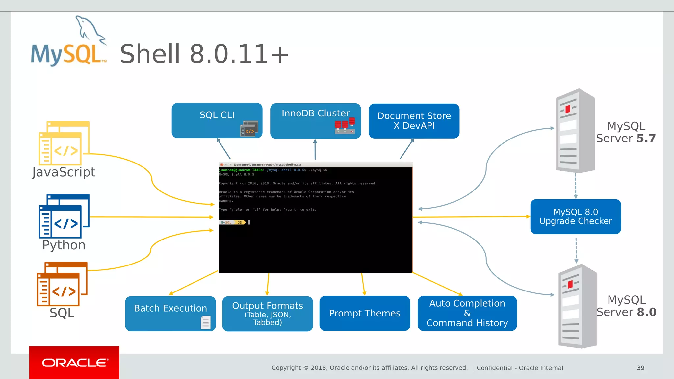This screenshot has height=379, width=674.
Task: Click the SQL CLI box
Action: [x=217, y=120]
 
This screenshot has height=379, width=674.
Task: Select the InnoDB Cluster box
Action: [x=315, y=121]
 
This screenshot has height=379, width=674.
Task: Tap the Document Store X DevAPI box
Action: [x=414, y=121]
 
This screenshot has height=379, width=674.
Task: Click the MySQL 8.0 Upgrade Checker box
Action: [x=575, y=216]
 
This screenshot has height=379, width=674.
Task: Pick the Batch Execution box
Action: [x=170, y=313]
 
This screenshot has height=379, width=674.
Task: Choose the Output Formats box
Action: [x=267, y=313]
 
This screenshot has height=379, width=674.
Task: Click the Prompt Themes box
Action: [x=364, y=313]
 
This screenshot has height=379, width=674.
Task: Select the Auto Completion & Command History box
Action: [x=467, y=313]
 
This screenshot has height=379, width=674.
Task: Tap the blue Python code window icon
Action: [x=64, y=216]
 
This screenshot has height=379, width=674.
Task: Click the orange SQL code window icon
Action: [x=62, y=284]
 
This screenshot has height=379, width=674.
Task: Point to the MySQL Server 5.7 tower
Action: [x=575, y=131]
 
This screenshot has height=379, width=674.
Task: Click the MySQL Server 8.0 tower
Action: [x=578, y=306]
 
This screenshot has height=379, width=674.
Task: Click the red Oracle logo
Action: [x=74, y=363]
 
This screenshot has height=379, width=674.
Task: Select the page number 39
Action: [x=640, y=368]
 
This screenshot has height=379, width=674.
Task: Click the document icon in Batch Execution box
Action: [x=205, y=322]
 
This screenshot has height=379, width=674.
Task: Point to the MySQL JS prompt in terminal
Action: [x=232, y=223]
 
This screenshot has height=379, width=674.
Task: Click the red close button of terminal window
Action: [x=222, y=164]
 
